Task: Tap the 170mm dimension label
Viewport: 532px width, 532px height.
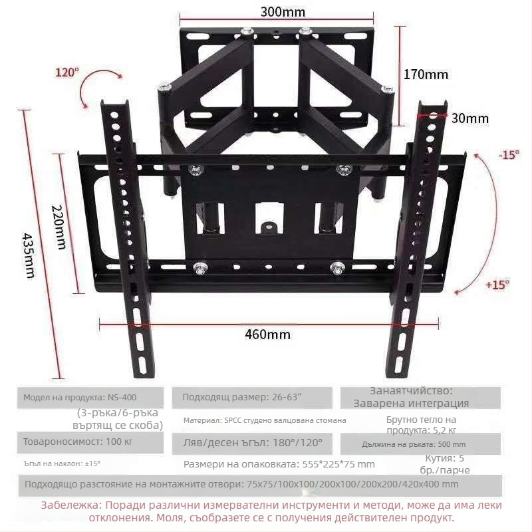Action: click(426, 74)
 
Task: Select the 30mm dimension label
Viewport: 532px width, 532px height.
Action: click(469, 118)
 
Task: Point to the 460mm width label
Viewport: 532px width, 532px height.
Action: click(268, 334)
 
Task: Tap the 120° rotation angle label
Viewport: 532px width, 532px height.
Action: click(66, 72)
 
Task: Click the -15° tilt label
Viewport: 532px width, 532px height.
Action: click(508, 154)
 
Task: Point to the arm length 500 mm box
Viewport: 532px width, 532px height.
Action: click(420, 444)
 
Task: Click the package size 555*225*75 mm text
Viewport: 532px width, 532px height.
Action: click(279, 464)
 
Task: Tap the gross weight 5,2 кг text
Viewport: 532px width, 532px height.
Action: click(422, 425)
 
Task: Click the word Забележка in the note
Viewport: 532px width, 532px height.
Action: click(70, 505)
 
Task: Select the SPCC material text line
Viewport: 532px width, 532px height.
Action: click(265, 420)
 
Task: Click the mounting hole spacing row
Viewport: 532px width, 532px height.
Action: click(241, 484)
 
